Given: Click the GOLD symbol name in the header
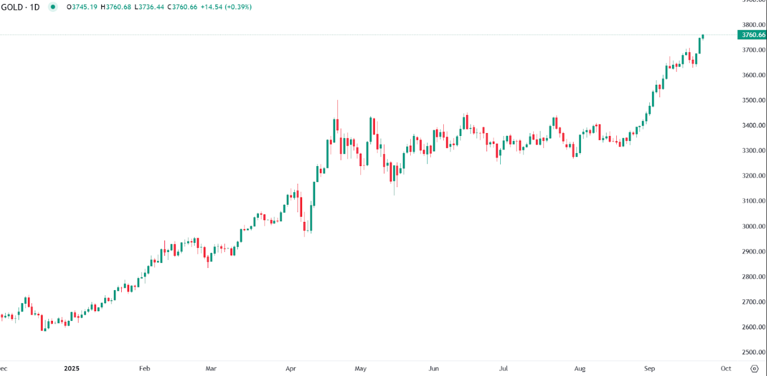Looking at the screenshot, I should [12, 7].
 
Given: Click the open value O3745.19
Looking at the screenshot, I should [81, 7].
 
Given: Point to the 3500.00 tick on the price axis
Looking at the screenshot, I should [750, 100].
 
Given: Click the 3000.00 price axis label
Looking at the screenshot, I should [750, 226].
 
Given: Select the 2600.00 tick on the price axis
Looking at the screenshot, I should [750, 327].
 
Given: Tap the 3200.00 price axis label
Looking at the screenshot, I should [750, 176].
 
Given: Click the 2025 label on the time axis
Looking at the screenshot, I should [71, 369].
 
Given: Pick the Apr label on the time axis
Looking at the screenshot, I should [291, 369].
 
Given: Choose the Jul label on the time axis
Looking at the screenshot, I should [504, 369].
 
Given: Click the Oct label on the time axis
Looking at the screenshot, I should [726, 369].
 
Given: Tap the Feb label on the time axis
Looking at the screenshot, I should [145, 369].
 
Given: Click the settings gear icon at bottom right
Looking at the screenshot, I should [754, 369].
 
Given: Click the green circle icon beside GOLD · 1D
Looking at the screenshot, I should [53, 7].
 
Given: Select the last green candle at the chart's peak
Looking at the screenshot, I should [703, 37].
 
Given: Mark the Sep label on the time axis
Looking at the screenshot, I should [650, 369].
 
